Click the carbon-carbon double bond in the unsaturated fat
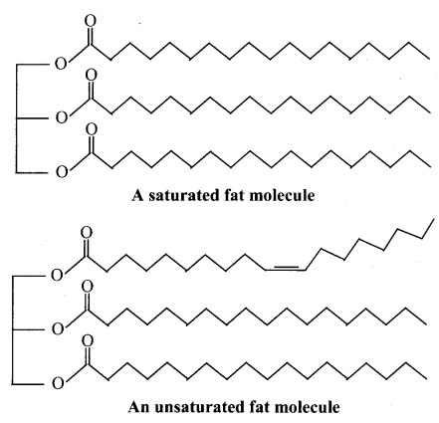(x=286, y=269)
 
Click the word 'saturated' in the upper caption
(x=182, y=195)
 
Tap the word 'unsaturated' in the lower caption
(x=198, y=407)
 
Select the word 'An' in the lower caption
(x=139, y=407)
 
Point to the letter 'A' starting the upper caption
(x=137, y=195)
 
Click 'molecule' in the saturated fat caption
(x=282, y=195)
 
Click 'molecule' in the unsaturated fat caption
(x=307, y=407)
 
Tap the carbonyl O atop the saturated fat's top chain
(x=91, y=21)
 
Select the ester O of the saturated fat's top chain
(x=61, y=63)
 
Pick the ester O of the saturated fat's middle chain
(x=62, y=117)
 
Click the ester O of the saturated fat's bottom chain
(x=62, y=172)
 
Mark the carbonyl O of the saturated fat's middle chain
(x=92, y=76)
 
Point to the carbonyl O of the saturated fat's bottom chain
(x=92, y=129)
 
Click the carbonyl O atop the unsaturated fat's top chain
(x=87, y=233)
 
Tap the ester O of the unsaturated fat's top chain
(x=57, y=275)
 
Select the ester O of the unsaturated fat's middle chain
(x=58, y=328)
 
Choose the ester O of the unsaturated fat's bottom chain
(x=58, y=383)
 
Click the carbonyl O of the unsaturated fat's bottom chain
(x=87, y=340)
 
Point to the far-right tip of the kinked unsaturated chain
(x=433, y=219)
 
